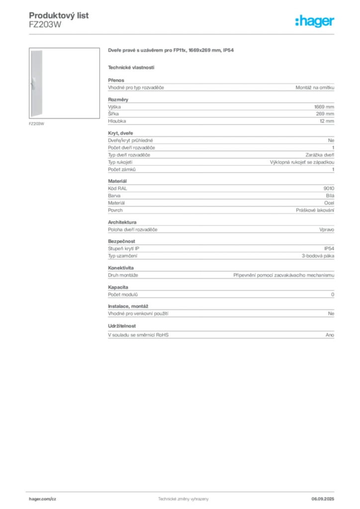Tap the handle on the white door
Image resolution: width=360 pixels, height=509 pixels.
coord(33,83)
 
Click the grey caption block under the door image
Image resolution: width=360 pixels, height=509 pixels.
coord(37,124)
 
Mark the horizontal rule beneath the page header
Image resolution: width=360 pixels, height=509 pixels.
coord(183,34)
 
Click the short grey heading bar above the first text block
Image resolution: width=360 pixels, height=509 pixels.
coord(131,67)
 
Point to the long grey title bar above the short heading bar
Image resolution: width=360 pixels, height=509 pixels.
coord(171,51)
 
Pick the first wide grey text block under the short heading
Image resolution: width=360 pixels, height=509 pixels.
coord(220,86)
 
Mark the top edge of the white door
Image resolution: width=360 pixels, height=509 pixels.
coord(37,50)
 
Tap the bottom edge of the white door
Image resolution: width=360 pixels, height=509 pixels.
coord(37,117)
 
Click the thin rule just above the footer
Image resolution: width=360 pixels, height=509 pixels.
coord(183,490)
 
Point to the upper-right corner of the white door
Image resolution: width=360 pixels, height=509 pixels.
coord(44,50)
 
